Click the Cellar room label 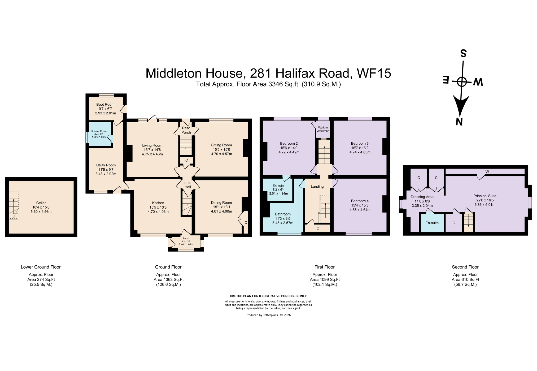click(x=41, y=203)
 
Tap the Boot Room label click(x=105, y=104)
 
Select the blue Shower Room click(x=100, y=134)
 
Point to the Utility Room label click(x=106, y=165)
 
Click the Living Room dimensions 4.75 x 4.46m click(x=152, y=154)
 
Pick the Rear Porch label click(x=186, y=130)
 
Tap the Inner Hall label click(x=187, y=185)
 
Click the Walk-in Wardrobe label click(x=323, y=129)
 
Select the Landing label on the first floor click(x=317, y=187)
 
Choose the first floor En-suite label click(x=278, y=186)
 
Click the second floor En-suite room click(x=432, y=222)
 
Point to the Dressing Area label click(x=422, y=197)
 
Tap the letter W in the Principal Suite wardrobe click(x=487, y=171)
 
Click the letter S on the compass click(x=463, y=53)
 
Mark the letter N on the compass click(x=459, y=122)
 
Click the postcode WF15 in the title click(x=374, y=73)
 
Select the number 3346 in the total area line click(x=276, y=84)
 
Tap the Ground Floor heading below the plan click(x=168, y=267)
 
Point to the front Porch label click(x=186, y=238)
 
